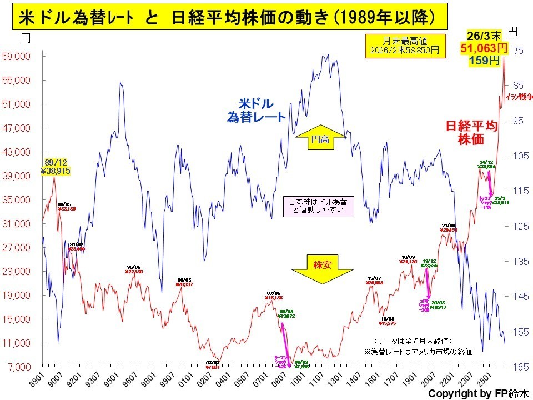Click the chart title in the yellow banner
[x=227, y=18]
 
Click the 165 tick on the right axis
[x=517, y=367]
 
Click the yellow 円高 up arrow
[x=321, y=139]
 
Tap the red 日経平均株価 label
[x=472, y=133]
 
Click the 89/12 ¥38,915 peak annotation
[x=55, y=167]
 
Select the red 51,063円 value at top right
[x=484, y=48]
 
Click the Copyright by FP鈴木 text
[x=477, y=393]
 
